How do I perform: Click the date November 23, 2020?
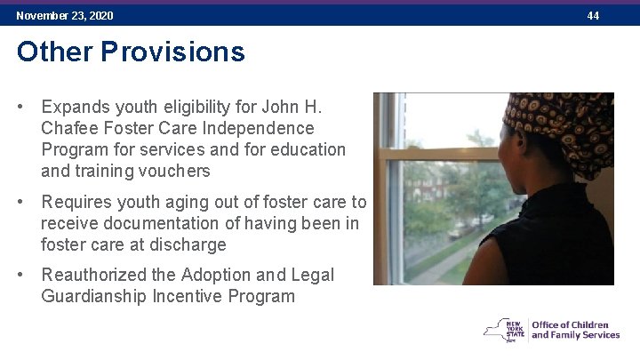[x=65, y=16]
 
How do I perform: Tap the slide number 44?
[x=593, y=16]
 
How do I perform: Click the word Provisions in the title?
[x=172, y=52]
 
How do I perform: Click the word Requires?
[x=78, y=202]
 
